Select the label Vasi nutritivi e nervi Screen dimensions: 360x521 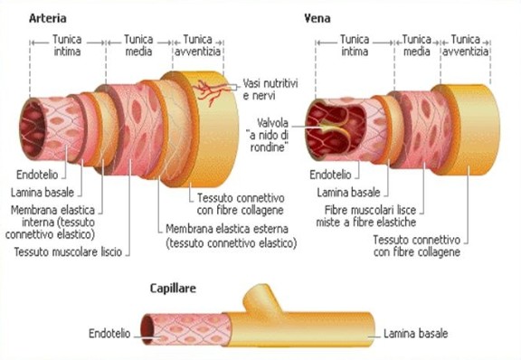[x=272, y=90]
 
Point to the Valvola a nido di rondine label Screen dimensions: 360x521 [x=272, y=137]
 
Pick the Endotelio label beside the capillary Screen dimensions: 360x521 [x=112, y=333]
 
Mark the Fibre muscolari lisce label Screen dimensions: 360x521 [x=368, y=215]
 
